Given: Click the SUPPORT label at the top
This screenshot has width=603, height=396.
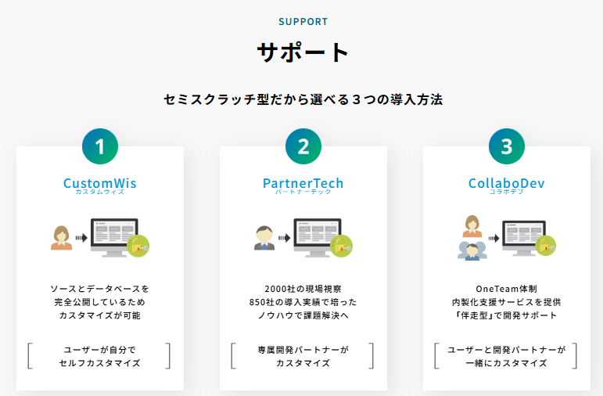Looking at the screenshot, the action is tap(303, 22).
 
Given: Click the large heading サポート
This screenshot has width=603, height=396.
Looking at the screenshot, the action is tap(303, 52).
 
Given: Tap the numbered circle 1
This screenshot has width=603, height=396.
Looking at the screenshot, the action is tap(100, 146).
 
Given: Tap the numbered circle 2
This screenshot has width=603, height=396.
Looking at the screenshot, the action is tap(303, 146).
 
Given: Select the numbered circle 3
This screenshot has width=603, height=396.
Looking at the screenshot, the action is tap(507, 146).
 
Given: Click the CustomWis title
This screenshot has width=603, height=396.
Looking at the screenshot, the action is tap(100, 183).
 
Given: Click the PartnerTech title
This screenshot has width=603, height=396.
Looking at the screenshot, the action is tap(303, 183).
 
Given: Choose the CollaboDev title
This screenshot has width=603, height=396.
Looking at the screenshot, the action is tap(507, 183).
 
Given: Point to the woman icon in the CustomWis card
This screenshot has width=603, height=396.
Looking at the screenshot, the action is tap(62, 238).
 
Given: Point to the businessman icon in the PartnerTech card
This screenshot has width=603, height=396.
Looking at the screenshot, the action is tap(264, 238).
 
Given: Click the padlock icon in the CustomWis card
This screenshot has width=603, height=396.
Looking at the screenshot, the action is tap(138, 246).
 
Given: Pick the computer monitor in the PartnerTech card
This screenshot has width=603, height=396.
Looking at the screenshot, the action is tap(318, 237).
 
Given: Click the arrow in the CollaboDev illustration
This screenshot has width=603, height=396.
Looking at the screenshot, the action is tap(494, 239).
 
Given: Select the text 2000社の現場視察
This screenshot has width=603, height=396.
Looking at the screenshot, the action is tap(303, 289).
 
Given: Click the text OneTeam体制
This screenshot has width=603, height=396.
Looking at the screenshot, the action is tap(507, 289).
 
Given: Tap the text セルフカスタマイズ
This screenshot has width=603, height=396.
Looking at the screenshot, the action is tap(100, 363).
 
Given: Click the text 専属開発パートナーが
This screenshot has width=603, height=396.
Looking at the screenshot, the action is tap(303, 350).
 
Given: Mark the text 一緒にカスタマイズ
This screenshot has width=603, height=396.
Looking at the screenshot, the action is tap(507, 363).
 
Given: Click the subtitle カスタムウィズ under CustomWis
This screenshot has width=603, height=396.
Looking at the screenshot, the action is tap(100, 192).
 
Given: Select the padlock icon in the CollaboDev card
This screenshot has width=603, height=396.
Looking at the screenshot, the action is tap(545, 246).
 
